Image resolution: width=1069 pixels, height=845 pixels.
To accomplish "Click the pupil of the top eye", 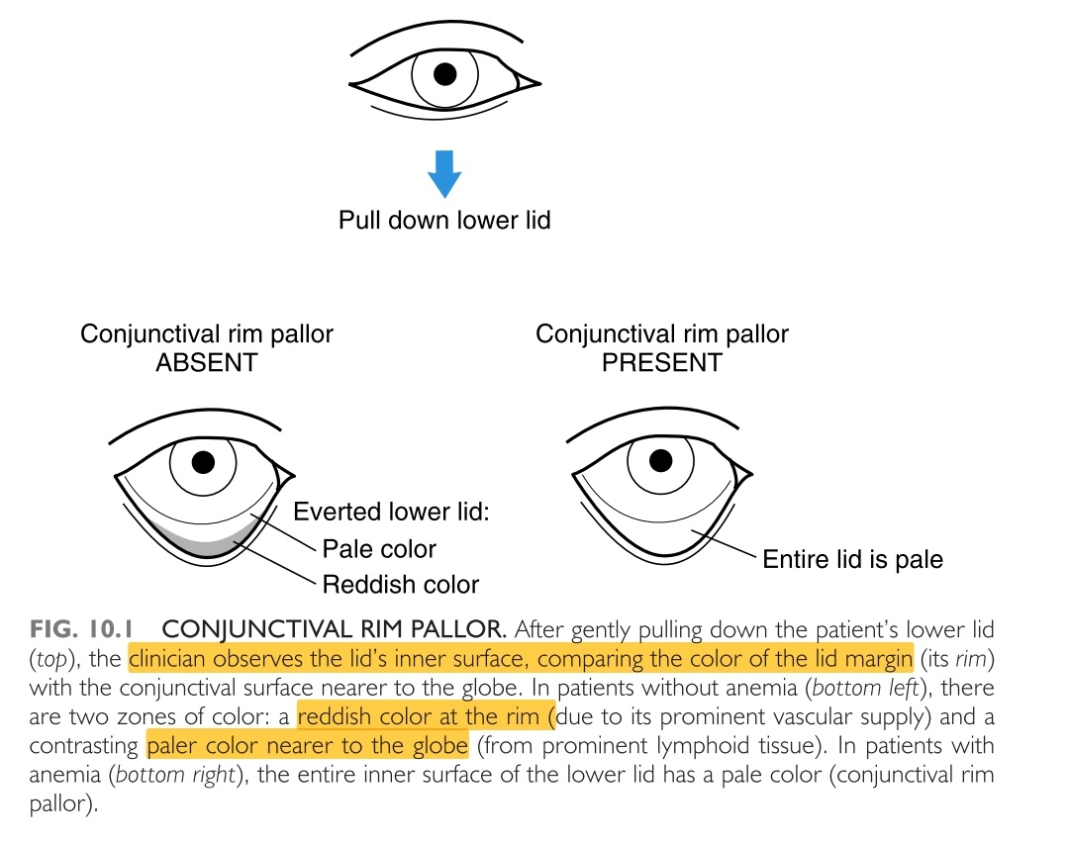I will click(445, 73).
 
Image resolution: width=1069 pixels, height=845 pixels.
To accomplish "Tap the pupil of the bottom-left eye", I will click(204, 461).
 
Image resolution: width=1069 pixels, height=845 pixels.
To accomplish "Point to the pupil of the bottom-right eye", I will click(658, 461).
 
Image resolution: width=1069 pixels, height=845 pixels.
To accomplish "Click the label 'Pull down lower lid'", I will click(444, 220).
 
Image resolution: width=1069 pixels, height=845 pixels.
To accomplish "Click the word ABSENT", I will click(206, 362).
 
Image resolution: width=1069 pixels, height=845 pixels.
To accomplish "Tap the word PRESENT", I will click(661, 362).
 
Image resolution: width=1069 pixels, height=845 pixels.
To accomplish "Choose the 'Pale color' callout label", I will click(379, 548).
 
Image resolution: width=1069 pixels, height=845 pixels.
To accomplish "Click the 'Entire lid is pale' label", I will click(852, 560).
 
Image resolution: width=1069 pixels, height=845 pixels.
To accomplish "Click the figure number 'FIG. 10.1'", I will click(87, 628).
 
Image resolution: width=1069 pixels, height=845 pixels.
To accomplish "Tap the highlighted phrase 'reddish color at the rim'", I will click(425, 714).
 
